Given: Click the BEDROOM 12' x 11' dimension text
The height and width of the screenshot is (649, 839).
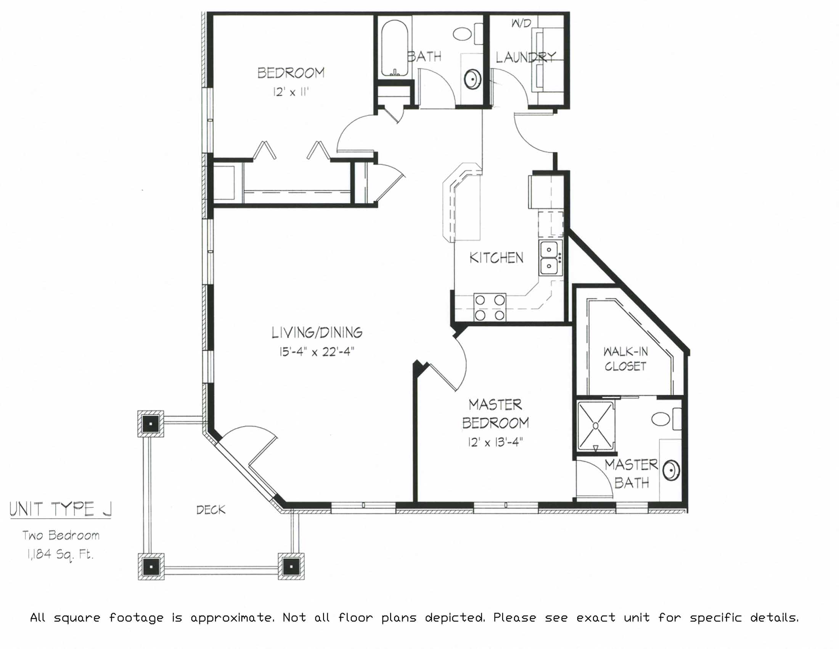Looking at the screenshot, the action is [x=291, y=92].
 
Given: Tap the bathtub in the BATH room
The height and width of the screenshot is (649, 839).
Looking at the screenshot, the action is [x=395, y=48].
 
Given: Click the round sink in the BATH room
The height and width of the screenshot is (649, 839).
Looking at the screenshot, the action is [x=473, y=79].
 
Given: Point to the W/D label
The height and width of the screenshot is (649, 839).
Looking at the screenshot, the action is [x=521, y=23].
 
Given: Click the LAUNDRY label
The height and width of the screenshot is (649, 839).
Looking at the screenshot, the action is [x=526, y=58].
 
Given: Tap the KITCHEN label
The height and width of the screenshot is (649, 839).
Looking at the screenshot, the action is [x=496, y=258].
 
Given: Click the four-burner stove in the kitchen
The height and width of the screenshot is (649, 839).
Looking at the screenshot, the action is [x=490, y=307].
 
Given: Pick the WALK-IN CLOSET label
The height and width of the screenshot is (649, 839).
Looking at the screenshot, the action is [x=625, y=359].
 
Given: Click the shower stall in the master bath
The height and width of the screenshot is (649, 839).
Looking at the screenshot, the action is [x=596, y=426].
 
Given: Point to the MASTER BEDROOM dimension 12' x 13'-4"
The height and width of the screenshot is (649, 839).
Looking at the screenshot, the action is [x=495, y=442].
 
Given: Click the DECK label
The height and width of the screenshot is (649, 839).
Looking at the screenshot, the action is [x=211, y=510].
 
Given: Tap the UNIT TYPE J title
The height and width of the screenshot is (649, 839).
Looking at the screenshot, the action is [x=61, y=509].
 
